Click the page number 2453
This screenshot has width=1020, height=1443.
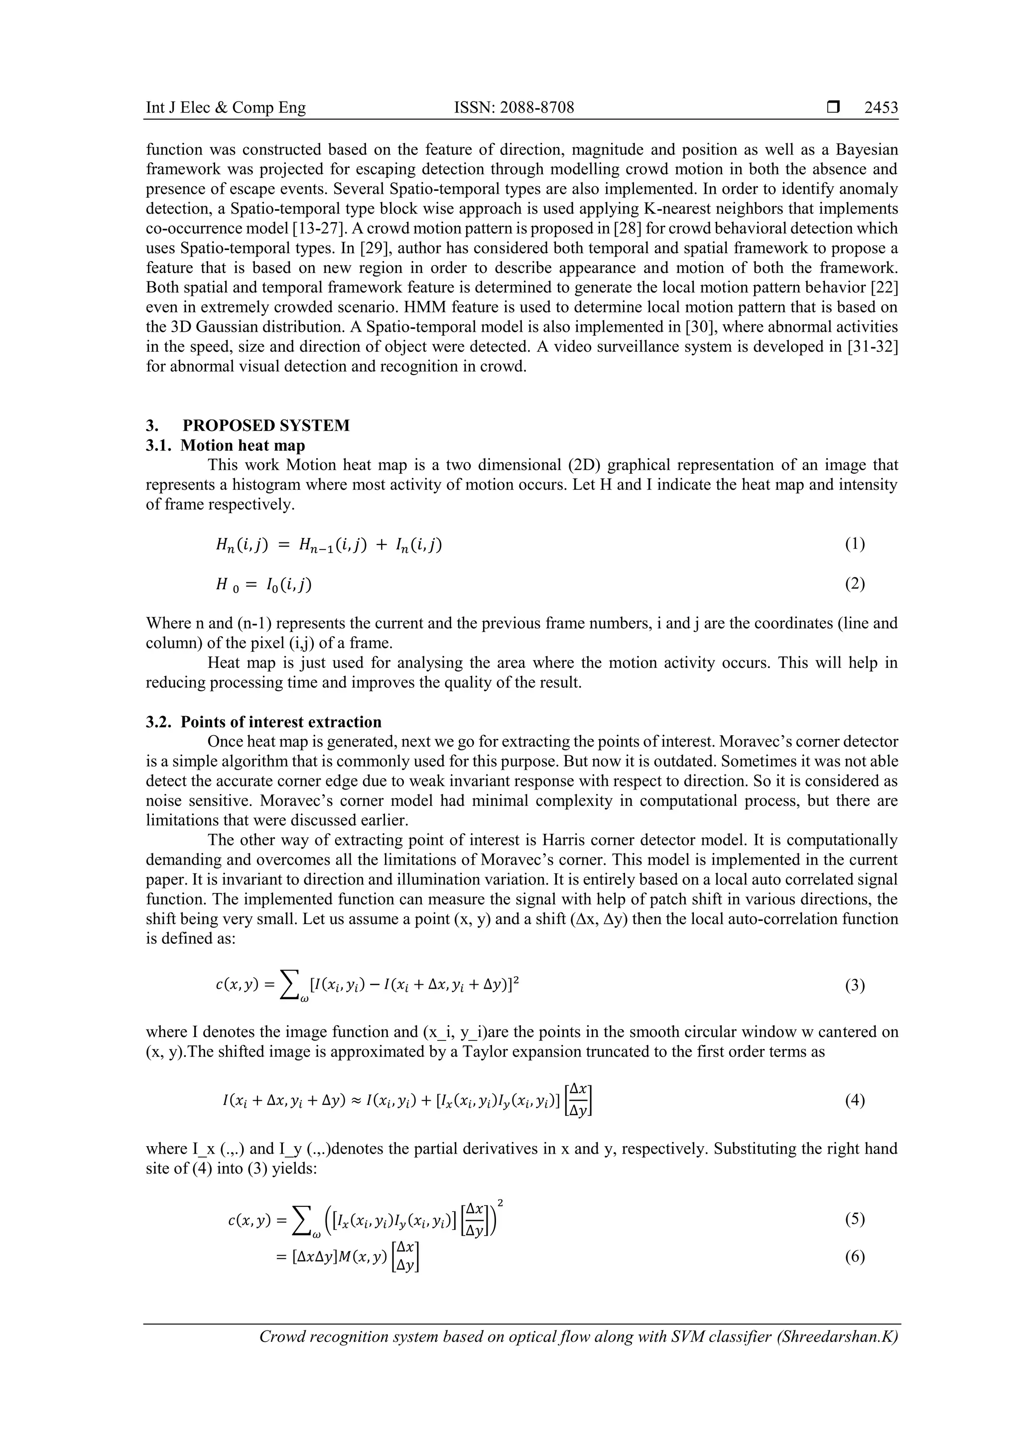pyautogui.click(x=881, y=108)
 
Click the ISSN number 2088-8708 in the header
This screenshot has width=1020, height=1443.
pyautogui.click(x=513, y=108)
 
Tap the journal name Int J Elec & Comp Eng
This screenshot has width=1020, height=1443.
pyautogui.click(x=226, y=108)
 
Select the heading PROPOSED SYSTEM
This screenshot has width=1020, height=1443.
pyautogui.click(x=266, y=425)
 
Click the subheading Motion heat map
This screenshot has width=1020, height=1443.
pyautogui.click(x=243, y=446)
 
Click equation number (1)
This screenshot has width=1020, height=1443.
pyautogui.click(x=855, y=544)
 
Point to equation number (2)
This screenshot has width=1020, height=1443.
pyautogui.click(x=855, y=584)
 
